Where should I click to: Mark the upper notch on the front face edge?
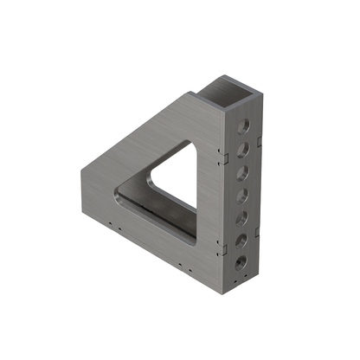pyautogui.click(x=222, y=157)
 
